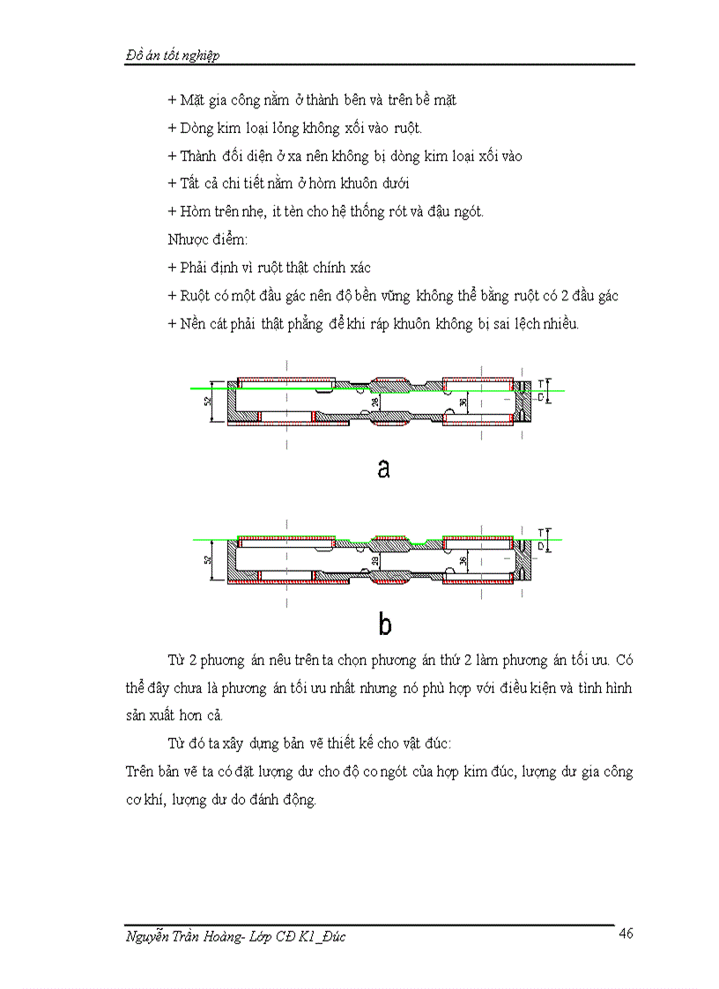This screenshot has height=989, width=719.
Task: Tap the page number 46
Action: click(626, 934)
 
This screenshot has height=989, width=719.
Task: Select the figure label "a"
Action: click(383, 469)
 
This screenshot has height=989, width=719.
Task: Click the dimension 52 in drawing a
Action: click(207, 402)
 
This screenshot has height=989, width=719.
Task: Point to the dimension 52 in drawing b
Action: click(207, 558)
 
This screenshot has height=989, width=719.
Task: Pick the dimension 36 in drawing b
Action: click(463, 560)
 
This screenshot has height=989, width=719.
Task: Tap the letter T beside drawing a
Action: click(541, 383)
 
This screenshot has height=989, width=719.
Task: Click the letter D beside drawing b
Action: click(541, 547)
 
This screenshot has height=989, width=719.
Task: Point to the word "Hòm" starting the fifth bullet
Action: click(195, 211)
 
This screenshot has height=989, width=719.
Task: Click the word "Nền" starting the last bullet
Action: click(192, 323)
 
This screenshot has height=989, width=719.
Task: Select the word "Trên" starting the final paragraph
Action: click(143, 772)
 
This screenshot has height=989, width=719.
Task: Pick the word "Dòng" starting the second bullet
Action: click(197, 129)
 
